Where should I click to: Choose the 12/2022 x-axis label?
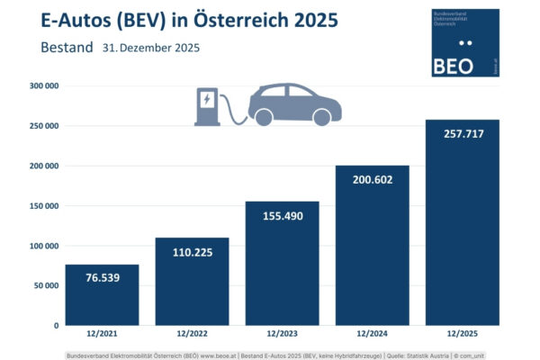click(192, 335)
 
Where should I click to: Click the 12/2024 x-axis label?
click(372, 335)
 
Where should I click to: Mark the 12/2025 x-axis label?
click(462, 335)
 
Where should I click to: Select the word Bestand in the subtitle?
click(65, 46)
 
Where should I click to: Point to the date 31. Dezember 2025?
click(151, 47)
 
